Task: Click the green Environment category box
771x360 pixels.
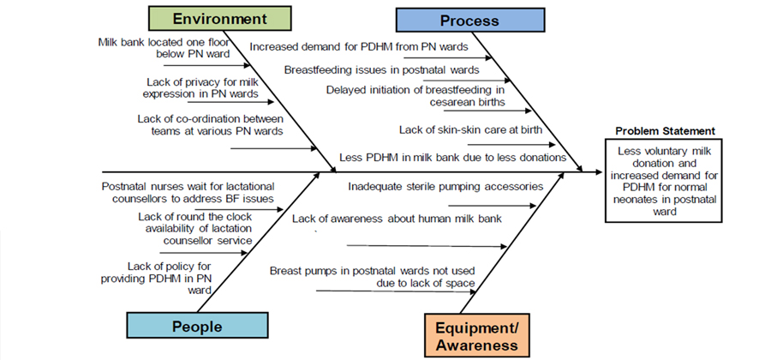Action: (x=220, y=19)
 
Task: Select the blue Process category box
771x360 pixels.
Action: (x=470, y=21)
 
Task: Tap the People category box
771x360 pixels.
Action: (x=197, y=326)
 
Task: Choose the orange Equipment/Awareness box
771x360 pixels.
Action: (x=477, y=335)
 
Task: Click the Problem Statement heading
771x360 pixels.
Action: (x=666, y=131)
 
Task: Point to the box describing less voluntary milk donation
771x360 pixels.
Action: (x=663, y=181)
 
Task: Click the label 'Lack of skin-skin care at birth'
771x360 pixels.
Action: (x=470, y=129)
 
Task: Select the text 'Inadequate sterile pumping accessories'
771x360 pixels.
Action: (x=445, y=187)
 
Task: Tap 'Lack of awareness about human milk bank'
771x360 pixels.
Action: (x=397, y=219)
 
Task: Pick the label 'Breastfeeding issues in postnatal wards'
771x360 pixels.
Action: (x=381, y=69)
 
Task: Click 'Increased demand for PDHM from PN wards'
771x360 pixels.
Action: (x=359, y=47)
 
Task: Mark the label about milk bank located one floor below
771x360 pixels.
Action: (x=164, y=48)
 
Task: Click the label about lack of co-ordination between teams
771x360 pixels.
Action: (x=211, y=125)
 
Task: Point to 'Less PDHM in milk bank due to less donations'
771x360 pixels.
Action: (x=453, y=158)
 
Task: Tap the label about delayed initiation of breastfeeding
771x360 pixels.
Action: (x=415, y=96)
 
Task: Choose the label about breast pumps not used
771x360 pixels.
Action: (x=373, y=277)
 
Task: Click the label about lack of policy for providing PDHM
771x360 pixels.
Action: (x=156, y=279)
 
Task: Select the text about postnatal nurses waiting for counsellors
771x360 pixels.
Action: (x=188, y=193)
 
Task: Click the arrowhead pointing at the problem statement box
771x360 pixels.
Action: (x=599, y=172)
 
